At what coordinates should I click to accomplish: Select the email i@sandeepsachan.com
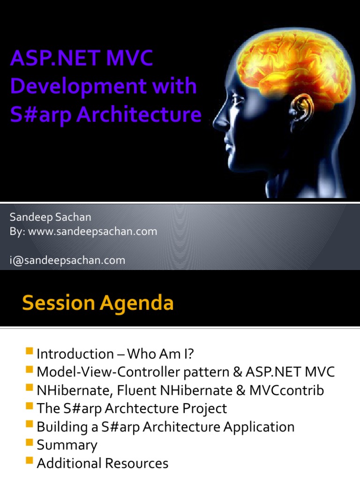tap(67, 260)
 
